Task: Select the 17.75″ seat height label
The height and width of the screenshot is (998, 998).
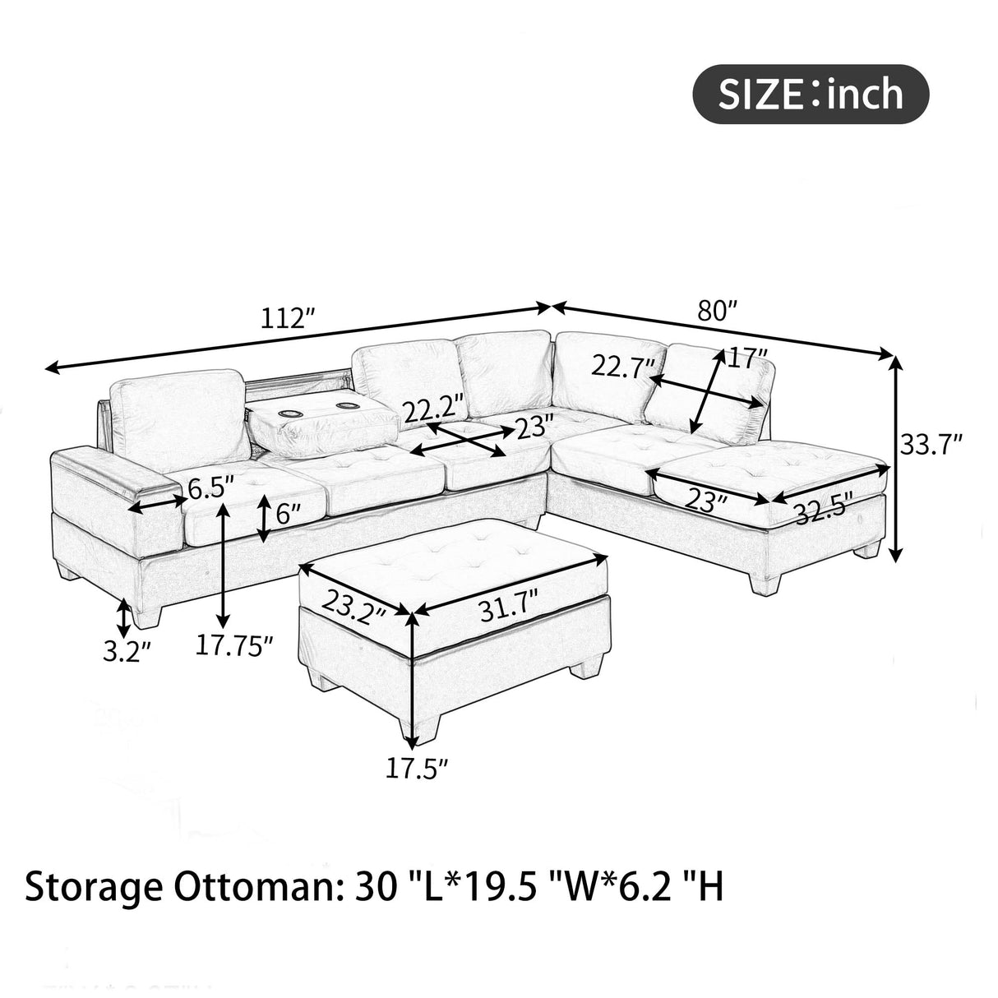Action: tap(233, 645)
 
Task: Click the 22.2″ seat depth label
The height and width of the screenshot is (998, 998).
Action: tap(432, 406)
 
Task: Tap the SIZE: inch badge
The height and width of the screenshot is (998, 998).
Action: tap(811, 95)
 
